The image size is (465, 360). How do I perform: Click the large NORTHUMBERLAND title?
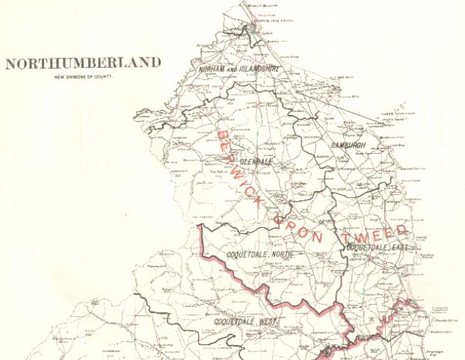(82, 63)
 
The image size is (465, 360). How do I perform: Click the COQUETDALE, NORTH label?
(259, 255)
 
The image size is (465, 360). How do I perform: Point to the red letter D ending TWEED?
(402, 228)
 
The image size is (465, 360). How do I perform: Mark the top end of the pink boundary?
(200, 226)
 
